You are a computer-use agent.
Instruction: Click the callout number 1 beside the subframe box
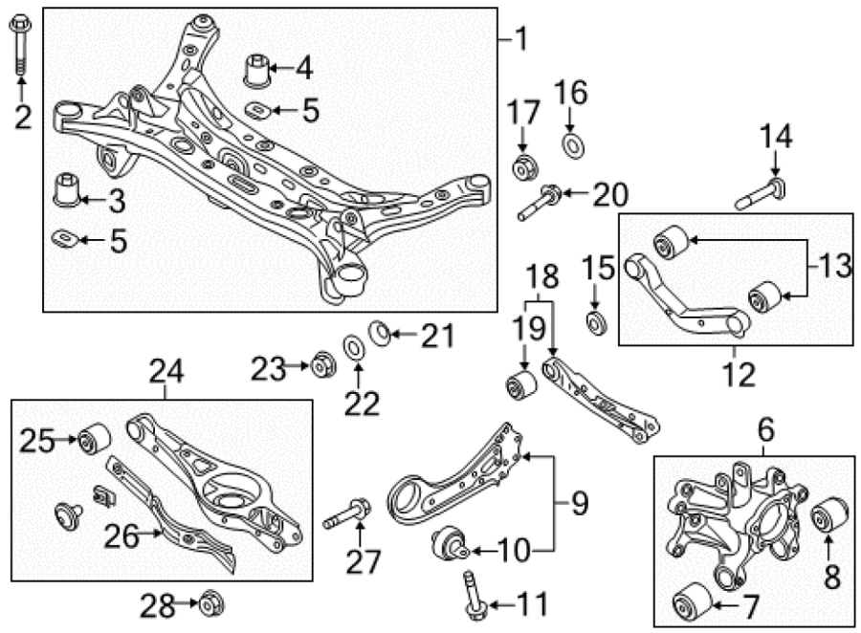(520, 39)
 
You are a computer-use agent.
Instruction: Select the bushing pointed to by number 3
(66, 190)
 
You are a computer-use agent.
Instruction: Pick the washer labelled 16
(573, 145)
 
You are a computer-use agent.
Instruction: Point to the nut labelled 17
(524, 167)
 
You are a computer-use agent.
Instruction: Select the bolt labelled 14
(761, 194)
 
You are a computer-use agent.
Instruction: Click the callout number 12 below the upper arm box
(740, 375)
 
